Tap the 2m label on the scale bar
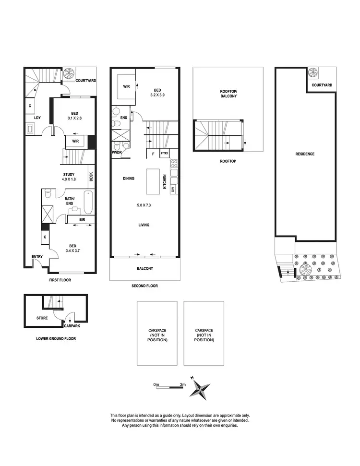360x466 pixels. tap(183, 384)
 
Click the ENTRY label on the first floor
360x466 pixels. tap(37, 257)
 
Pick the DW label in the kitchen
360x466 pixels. tap(173, 189)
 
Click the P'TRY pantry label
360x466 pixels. tap(164, 155)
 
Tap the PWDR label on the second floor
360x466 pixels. tap(116, 154)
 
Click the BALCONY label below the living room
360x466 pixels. tap(144, 269)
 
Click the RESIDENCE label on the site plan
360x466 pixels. tap(304, 154)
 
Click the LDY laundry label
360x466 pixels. tap(36, 118)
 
